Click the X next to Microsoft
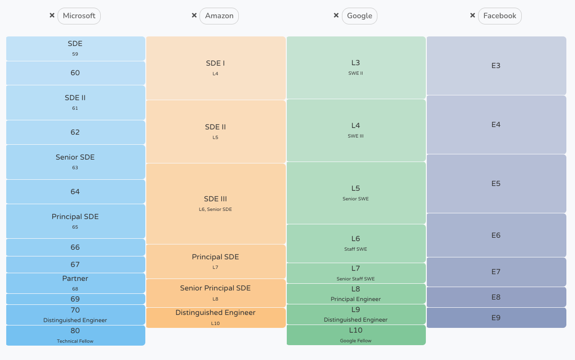[52, 15]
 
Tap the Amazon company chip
[219, 16]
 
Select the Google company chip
[359, 16]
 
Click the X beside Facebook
[472, 15]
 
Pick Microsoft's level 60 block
[75, 73]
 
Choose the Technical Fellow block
[75, 335]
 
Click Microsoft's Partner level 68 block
[75, 283]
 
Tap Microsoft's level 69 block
[75, 299]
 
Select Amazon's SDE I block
[215, 68]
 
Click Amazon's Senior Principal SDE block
[215, 292]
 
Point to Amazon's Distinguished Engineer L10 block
[215, 317]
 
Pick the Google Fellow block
[356, 335]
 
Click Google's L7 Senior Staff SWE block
[356, 273]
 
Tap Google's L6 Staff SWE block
[356, 243]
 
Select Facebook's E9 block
[496, 318]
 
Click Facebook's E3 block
[496, 66]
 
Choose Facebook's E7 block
[496, 272]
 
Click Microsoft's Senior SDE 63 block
[75, 162]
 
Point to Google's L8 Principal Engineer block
[356, 293]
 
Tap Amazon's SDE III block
[215, 203]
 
